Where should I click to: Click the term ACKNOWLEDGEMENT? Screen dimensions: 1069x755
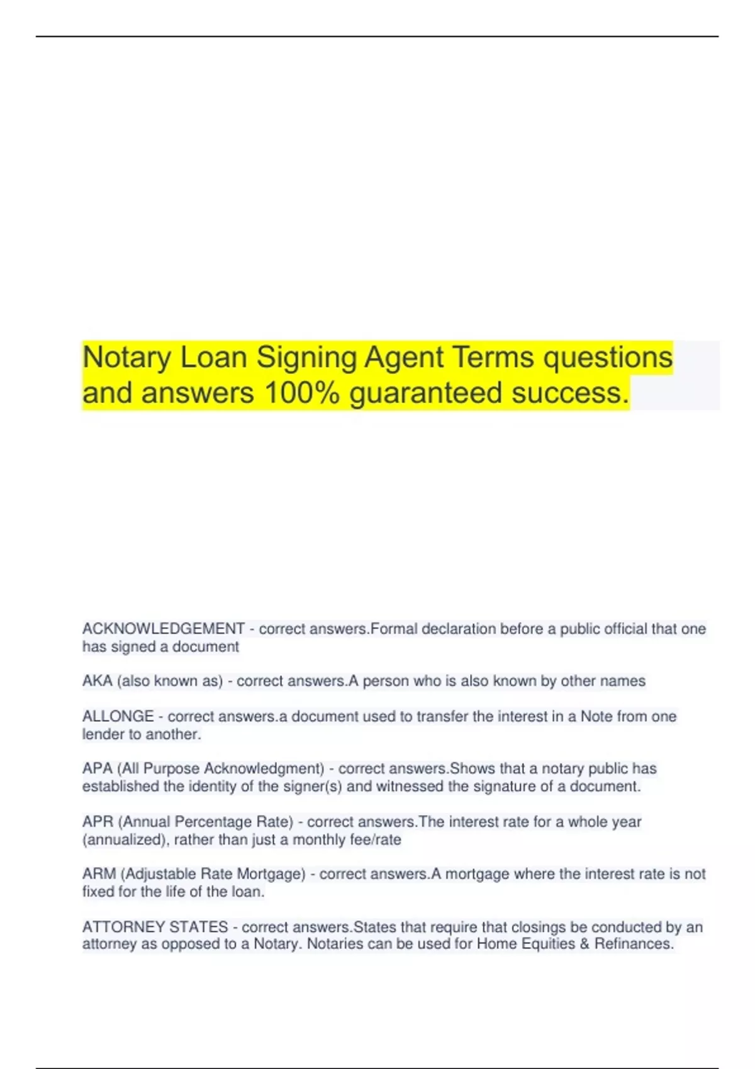tap(163, 629)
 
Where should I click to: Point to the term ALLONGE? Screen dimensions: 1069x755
tap(118, 716)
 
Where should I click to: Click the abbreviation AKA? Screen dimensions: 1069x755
tap(97, 681)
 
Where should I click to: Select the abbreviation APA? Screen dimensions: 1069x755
tap(97, 768)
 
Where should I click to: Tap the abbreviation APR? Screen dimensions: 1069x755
tap(97, 822)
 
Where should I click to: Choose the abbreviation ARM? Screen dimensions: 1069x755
tap(99, 874)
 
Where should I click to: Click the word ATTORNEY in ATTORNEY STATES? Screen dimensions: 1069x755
tap(123, 927)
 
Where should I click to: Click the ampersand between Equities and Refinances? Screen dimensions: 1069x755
tap(584, 944)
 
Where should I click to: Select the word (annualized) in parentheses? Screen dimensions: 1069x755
tap(125, 840)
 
